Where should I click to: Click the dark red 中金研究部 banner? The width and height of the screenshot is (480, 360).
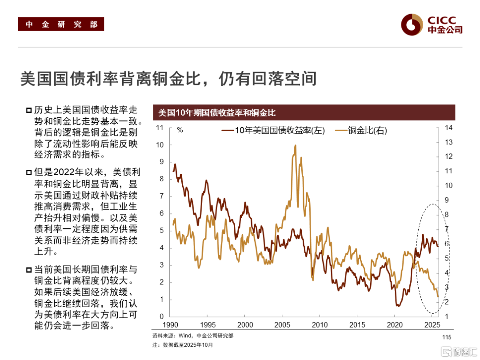click(x=61, y=24)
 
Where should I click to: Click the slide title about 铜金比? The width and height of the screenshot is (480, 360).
click(x=168, y=79)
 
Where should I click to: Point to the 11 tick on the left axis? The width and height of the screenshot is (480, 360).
click(x=160, y=128)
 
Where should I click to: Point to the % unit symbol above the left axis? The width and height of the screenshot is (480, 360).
click(x=180, y=130)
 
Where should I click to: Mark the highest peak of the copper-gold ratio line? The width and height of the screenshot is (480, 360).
click(x=295, y=145)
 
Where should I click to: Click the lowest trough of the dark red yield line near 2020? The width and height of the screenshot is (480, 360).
click(x=397, y=306)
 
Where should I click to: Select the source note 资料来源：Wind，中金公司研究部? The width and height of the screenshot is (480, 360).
click(x=192, y=336)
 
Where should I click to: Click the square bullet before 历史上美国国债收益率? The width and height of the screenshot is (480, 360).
click(x=29, y=110)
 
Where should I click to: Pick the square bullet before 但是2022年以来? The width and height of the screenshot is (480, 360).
click(x=29, y=172)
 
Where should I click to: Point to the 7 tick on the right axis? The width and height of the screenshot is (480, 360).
click(x=447, y=229)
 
